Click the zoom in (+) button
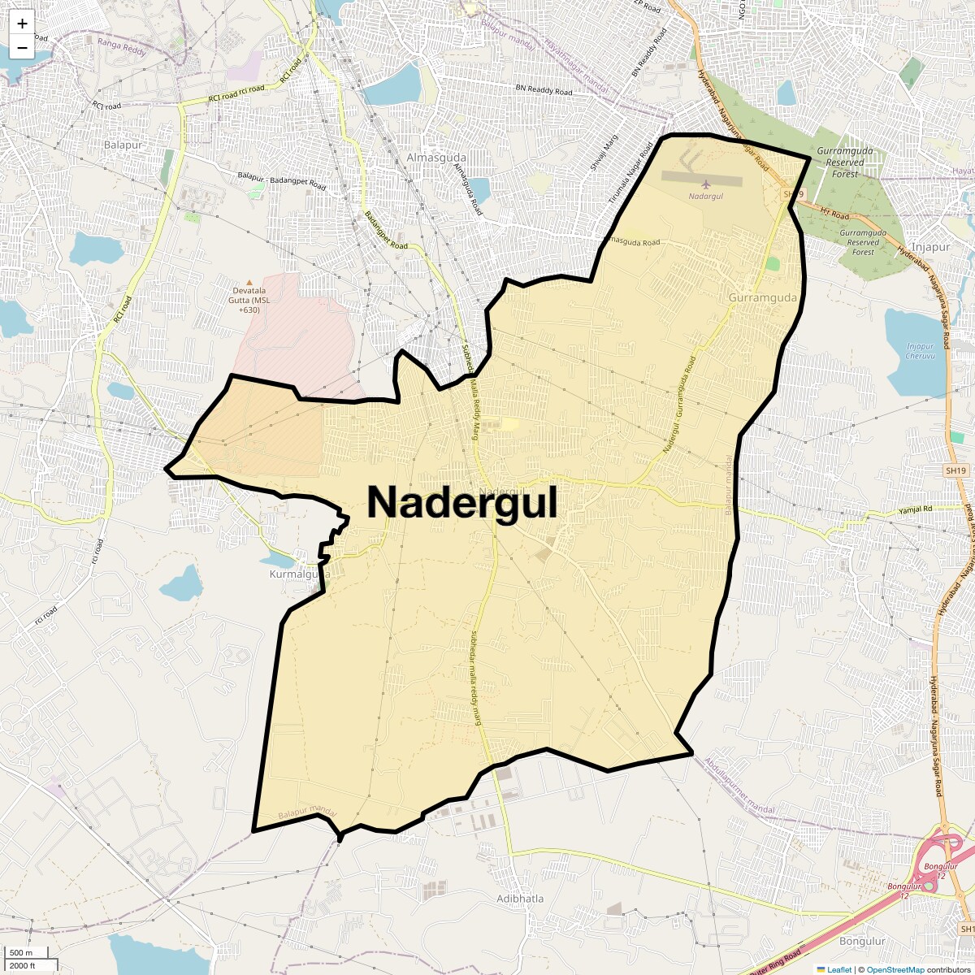click(22, 24)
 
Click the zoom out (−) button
click(22, 47)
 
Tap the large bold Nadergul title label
click(462, 502)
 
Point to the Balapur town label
click(123, 145)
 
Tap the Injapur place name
click(930, 246)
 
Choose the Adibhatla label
click(520, 899)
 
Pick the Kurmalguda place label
click(299, 574)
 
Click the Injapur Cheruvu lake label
click(921, 351)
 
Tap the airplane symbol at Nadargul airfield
click(704, 184)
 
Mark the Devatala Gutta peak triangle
click(249, 281)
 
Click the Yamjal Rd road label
click(915, 509)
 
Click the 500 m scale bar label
click(22, 952)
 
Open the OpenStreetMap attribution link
click(895, 969)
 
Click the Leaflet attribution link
click(839, 969)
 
